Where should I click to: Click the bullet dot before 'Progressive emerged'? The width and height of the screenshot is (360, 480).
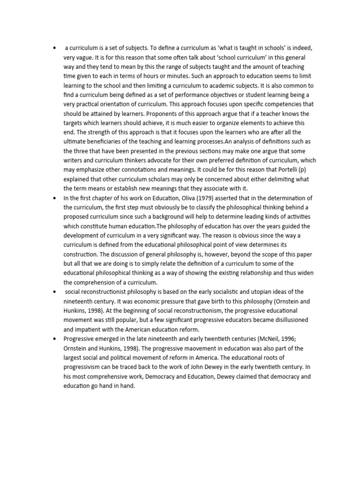point(56,338)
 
